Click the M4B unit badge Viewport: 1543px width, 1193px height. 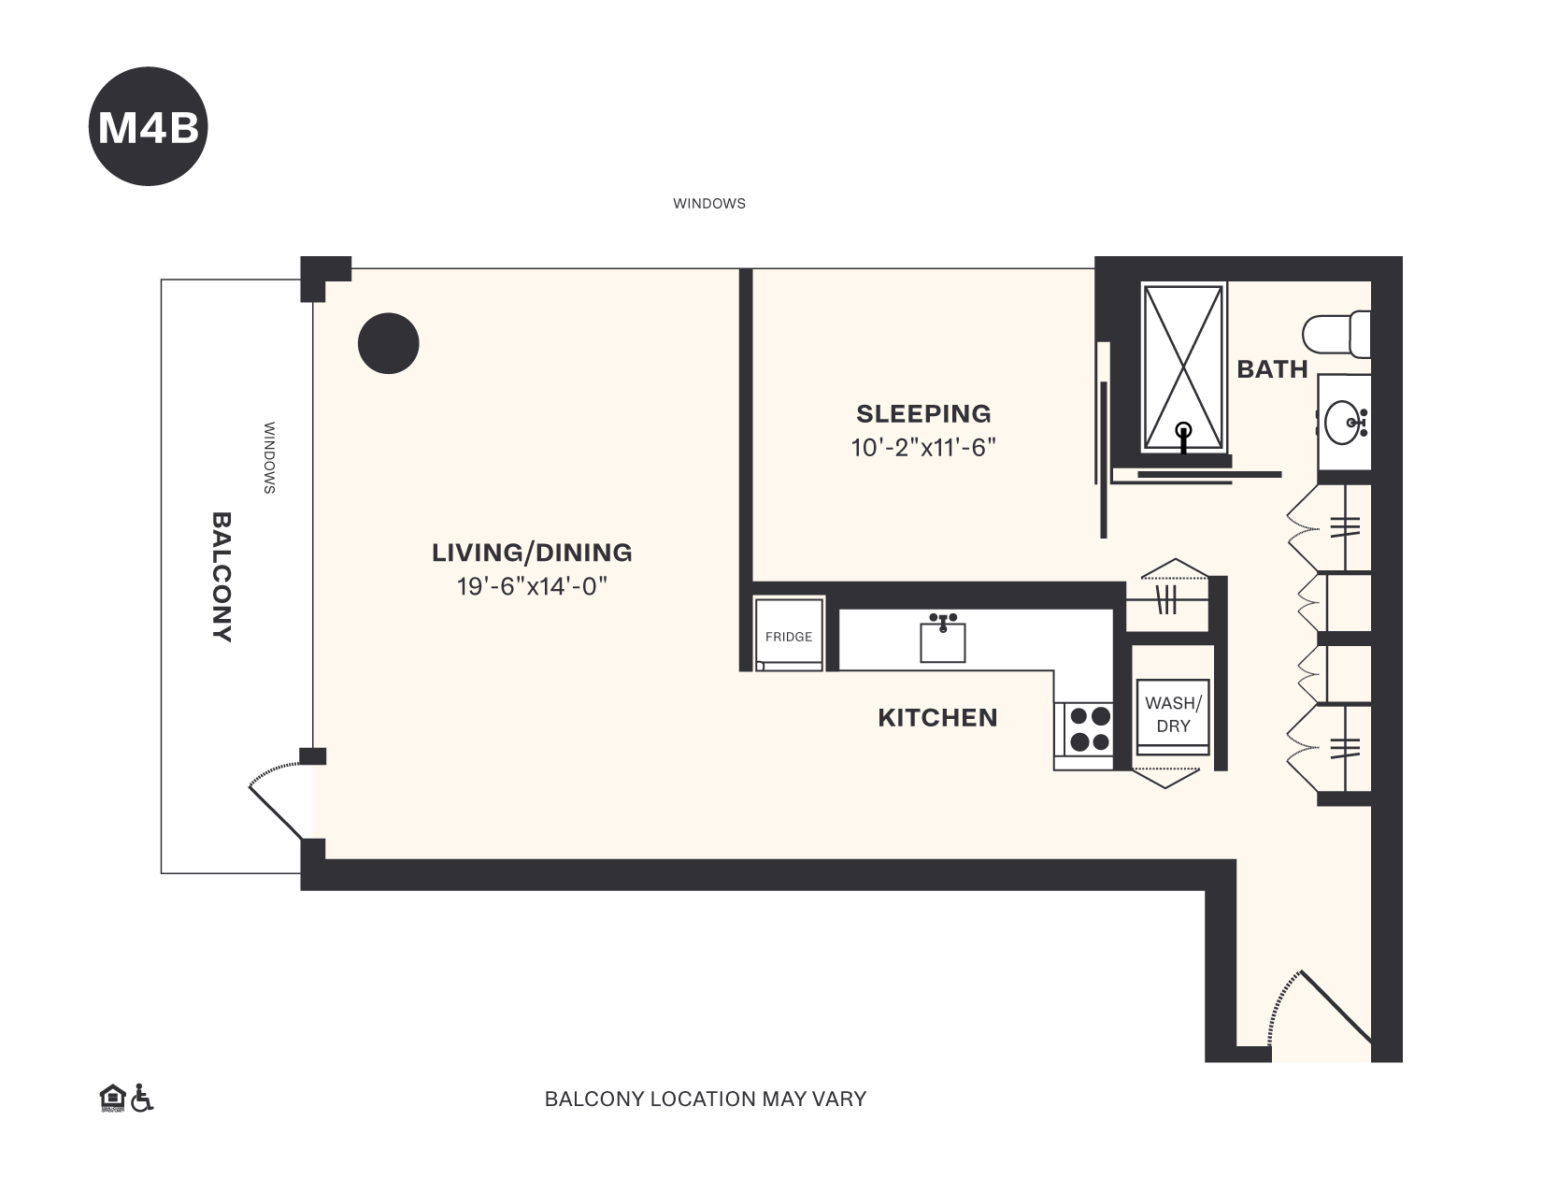point(148,126)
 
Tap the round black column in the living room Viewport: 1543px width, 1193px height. point(388,343)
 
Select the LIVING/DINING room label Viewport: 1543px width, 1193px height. point(532,553)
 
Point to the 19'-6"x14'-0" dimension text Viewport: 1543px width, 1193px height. point(532,587)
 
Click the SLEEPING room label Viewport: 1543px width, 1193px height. point(923,413)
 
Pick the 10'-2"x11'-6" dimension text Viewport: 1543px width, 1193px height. point(923,448)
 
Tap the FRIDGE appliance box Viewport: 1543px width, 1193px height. point(789,636)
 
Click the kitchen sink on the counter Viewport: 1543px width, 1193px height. point(942,639)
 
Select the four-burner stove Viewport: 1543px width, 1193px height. point(1089,729)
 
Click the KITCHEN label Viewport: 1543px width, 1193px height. point(937,717)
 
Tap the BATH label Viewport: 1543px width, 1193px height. point(1272,369)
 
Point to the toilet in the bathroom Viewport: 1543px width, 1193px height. point(1336,335)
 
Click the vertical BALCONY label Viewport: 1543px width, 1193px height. point(221,576)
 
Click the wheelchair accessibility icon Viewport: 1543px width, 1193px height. point(142,1098)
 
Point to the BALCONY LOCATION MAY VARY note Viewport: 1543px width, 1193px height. point(706,1099)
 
